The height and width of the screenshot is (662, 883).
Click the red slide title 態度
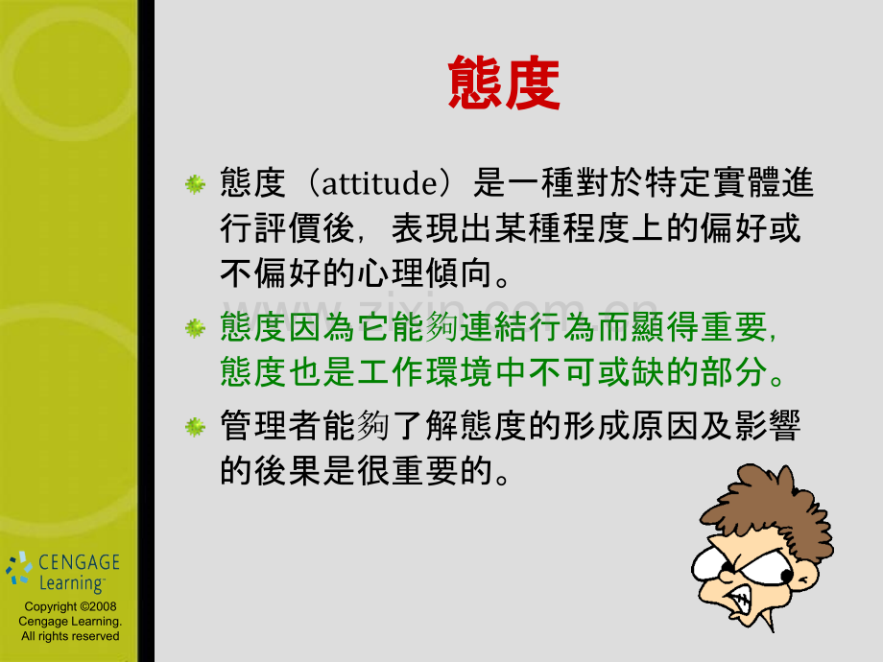click(504, 83)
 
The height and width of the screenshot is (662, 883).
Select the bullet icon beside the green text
click(195, 328)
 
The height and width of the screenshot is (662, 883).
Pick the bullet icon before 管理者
click(195, 425)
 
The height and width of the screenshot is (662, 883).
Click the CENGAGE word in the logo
click(78, 563)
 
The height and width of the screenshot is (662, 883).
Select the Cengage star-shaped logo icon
click(18, 568)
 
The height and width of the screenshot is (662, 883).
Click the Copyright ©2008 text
click(70, 607)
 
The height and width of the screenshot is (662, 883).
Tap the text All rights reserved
click(70, 636)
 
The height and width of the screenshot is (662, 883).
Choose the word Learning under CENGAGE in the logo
click(71, 582)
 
